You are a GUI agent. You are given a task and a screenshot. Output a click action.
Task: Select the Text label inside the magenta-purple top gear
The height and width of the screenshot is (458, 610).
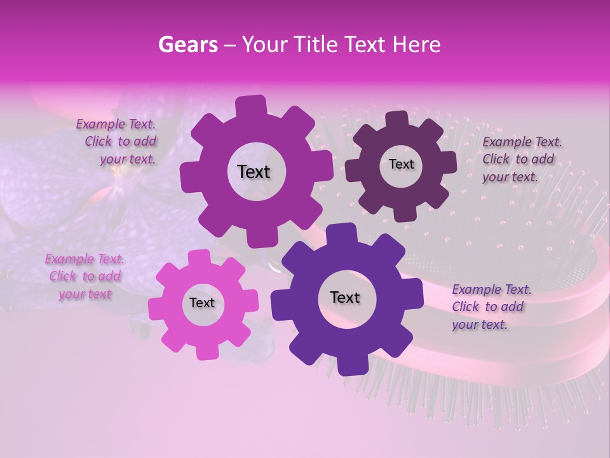click(254, 172)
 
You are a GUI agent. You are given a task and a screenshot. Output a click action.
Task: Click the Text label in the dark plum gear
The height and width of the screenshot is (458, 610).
click(401, 164)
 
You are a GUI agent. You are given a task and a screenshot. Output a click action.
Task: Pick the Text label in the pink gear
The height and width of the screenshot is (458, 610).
click(202, 303)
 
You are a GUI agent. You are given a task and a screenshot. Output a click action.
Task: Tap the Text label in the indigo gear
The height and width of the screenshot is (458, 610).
click(344, 297)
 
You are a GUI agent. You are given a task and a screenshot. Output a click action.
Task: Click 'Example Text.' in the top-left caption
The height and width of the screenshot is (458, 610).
click(116, 125)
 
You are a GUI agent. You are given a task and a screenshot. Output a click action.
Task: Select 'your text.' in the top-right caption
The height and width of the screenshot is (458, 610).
click(510, 177)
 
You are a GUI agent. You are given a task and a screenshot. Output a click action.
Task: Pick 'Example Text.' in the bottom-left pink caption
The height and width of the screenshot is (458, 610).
click(85, 260)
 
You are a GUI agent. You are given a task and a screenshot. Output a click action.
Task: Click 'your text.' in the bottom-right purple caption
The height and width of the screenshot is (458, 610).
click(479, 324)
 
